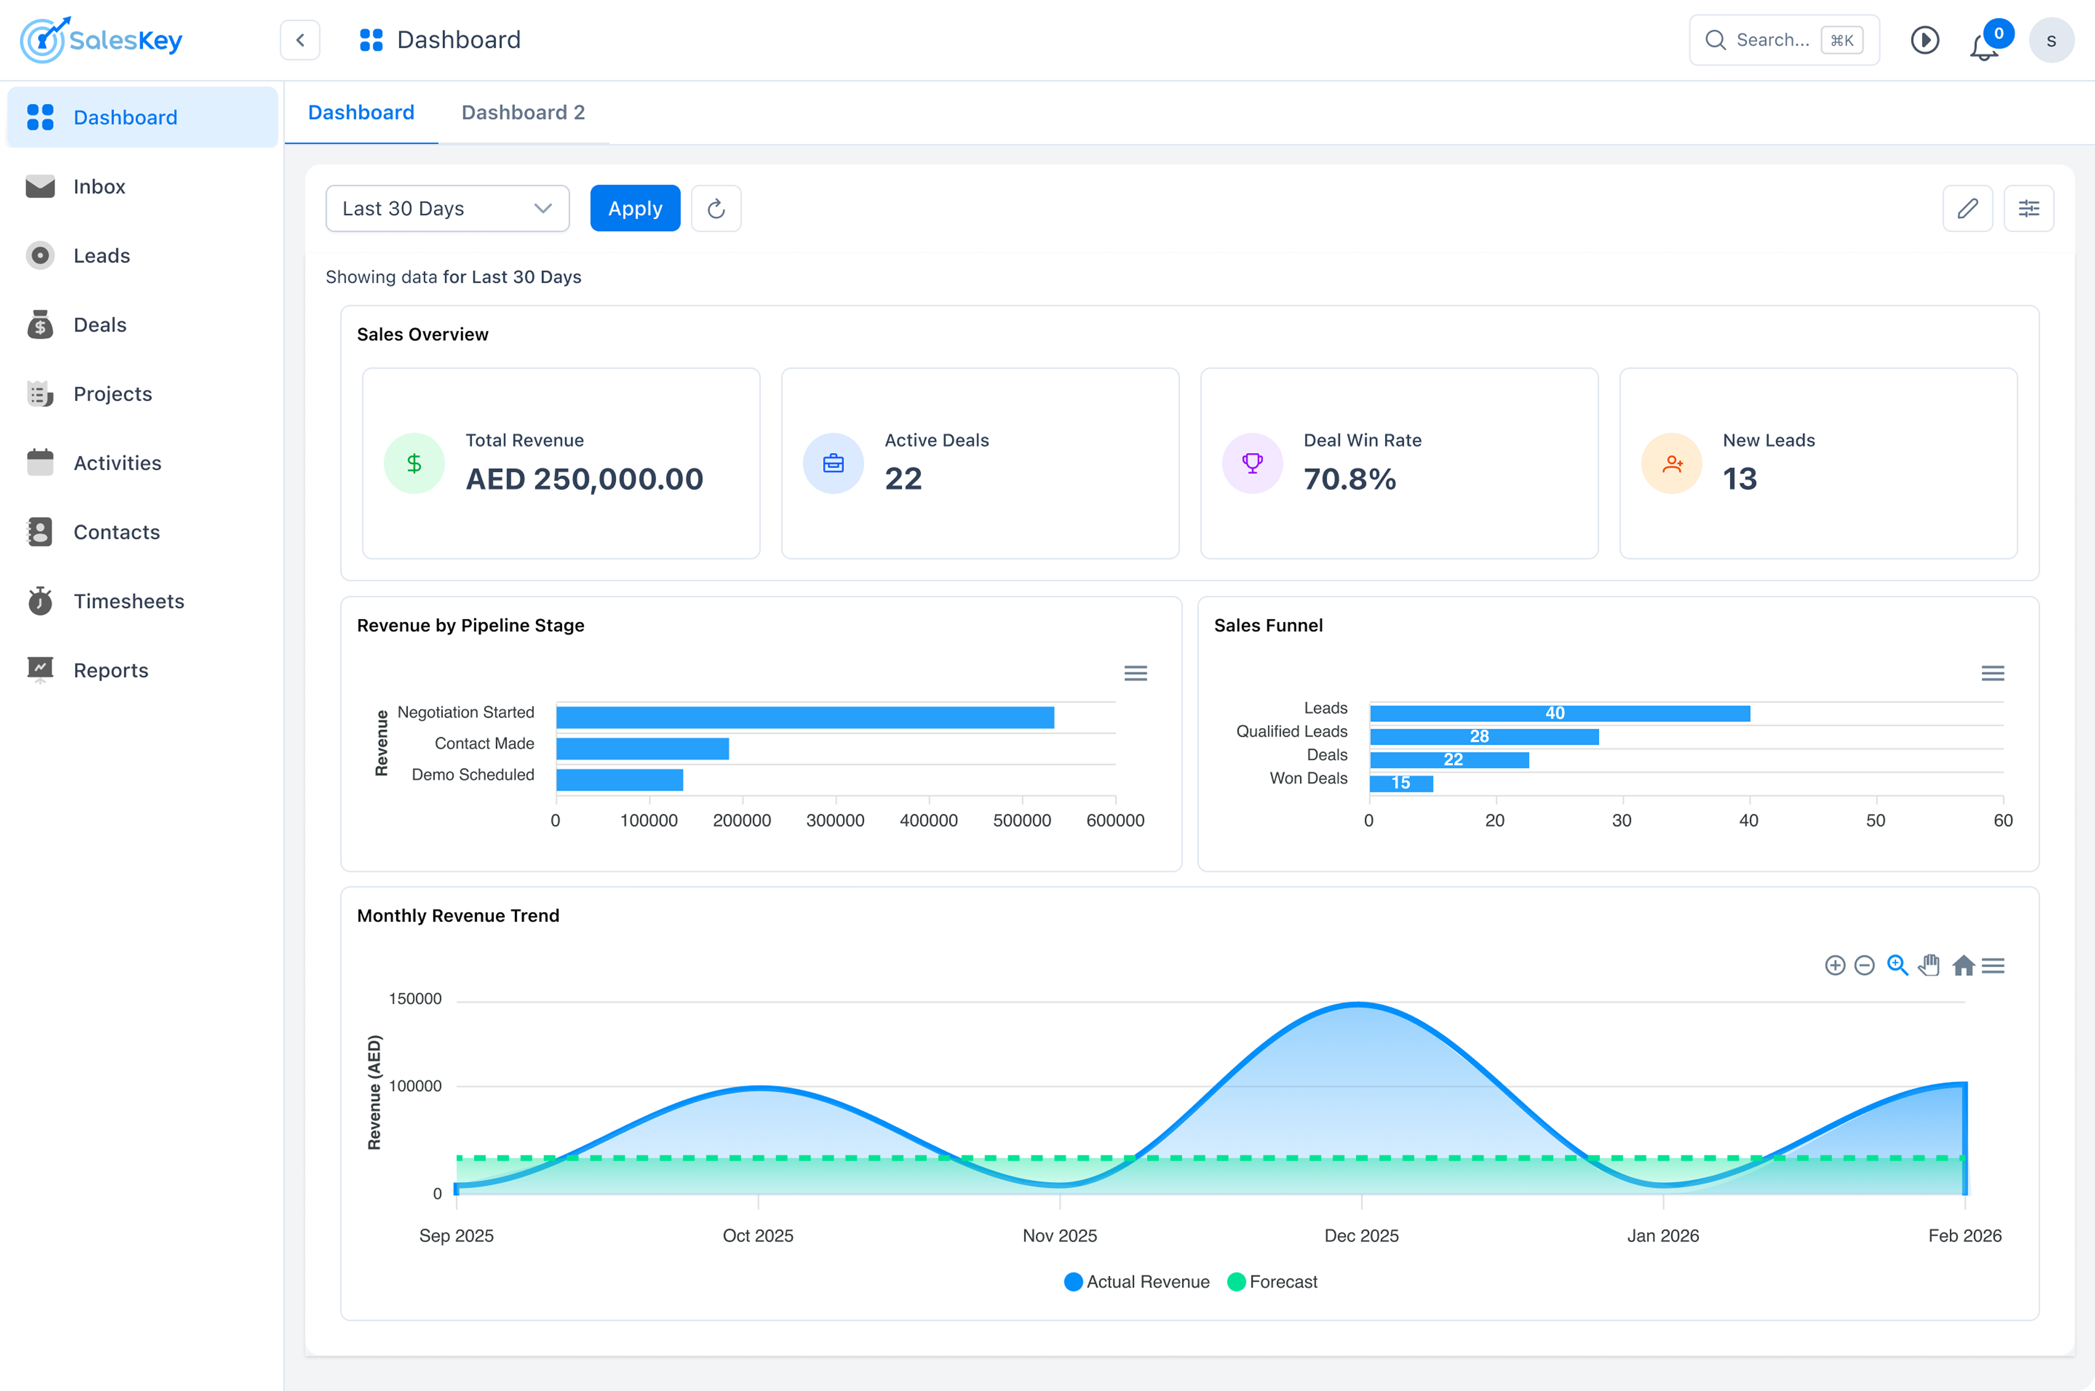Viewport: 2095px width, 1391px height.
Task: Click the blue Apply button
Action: coord(634,208)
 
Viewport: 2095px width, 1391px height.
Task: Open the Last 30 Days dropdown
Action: coord(447,208)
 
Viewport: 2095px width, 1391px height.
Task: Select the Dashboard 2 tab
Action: coord(523,113)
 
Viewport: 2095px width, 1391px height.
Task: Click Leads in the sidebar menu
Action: coord(101,255)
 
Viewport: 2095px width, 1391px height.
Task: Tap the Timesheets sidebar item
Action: coord(128,602)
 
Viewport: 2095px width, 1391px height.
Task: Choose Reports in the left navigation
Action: coord(110,671)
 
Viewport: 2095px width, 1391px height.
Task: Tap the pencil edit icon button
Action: coord(1967,208)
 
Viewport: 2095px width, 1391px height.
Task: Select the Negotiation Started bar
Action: coord(805,717)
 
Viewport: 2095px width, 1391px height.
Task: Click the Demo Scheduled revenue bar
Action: coord(620,780)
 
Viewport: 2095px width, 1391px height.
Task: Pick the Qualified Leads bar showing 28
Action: coord(1484,736)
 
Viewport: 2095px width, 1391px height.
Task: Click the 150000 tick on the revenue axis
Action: coord(415,999)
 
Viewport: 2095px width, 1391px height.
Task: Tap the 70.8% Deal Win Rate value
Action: coord(1349,479)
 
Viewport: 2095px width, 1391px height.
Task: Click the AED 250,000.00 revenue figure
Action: coord(584,479)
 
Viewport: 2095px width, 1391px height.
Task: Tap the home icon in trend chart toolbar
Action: coord(1963,965)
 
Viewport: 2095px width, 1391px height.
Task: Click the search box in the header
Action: coord(1770,40)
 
